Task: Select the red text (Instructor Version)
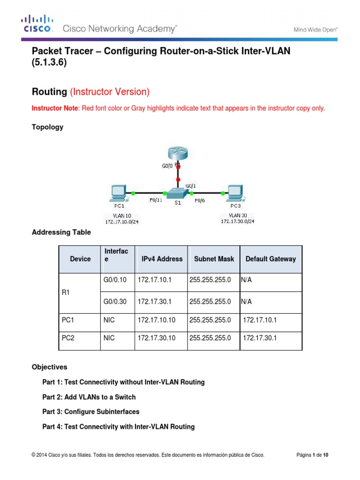pyautogui.click(x=110, y=91)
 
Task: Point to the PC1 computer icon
pyautogui.click(x=117, y=193)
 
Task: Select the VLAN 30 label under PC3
pyautogui.click(x=236, y=215)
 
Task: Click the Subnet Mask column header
pyautogui.click(x=213, y=259)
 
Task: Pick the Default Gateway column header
pyautogui.click(x=270, y=259)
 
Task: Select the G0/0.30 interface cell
pyautogui.click(x=115, y=301)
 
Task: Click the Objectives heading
pyautogui.click(x=49, y=367)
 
